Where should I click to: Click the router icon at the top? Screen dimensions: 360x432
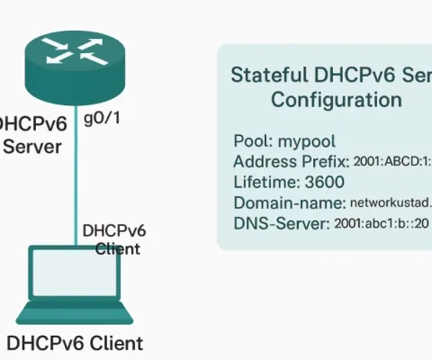pyautogui.click(x=63, y=61)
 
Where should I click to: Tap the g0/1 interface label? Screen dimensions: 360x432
pyautogui.click(x=101, y=119)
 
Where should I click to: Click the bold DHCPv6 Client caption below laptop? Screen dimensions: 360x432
pyautogui.click(x=74, y=343)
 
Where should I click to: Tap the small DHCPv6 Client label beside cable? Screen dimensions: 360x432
pyautogui.click(x=113, y=238)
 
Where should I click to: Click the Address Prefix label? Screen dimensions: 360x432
pyautogui.click(x=291, y=162)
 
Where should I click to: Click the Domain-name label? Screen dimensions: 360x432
pyautogui.click(x=289, y=202)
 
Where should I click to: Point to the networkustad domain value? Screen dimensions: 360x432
pyautogui.click(x=391, y=203)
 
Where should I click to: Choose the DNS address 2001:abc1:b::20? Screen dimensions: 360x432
pyautogui.click(x=382, y=223)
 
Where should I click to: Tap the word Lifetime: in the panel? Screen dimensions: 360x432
pyautogui.click(x=265, y=182)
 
